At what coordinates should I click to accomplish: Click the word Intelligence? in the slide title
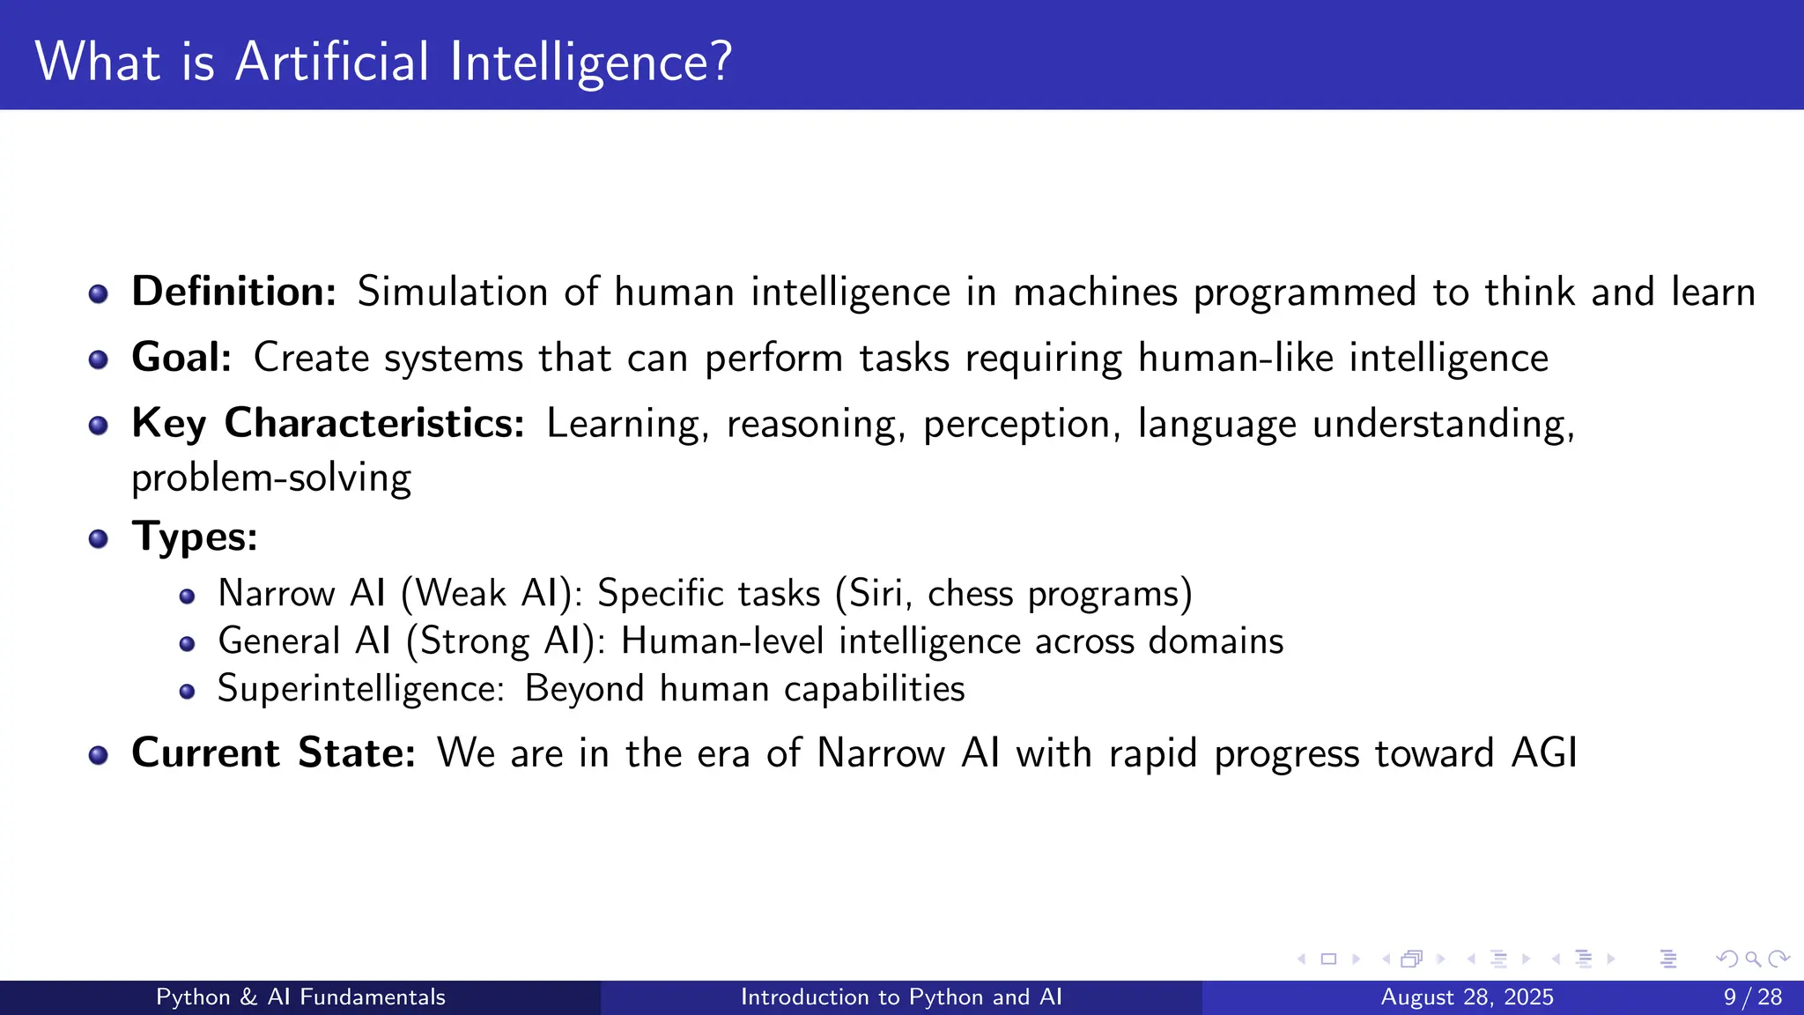[590, 63]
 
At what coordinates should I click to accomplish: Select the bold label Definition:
[233, 292]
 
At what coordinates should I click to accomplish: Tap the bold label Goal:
[181, 358]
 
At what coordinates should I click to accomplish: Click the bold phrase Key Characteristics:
[328, 424]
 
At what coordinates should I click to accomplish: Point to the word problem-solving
[271, 478]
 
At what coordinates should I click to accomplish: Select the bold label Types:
[195, 537]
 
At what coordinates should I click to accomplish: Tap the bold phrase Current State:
[273, 753]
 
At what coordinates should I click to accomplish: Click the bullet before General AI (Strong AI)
[187, 644]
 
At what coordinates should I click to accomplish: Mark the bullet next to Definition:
[99, 294]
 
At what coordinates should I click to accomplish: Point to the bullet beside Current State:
[99, 756]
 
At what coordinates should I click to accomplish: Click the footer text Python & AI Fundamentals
[300, 997]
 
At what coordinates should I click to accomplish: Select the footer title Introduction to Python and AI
[901, 997]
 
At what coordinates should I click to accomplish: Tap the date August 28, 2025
[1467, 997]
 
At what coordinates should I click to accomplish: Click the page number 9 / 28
[1752, 997]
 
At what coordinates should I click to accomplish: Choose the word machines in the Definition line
[1095, 293]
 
